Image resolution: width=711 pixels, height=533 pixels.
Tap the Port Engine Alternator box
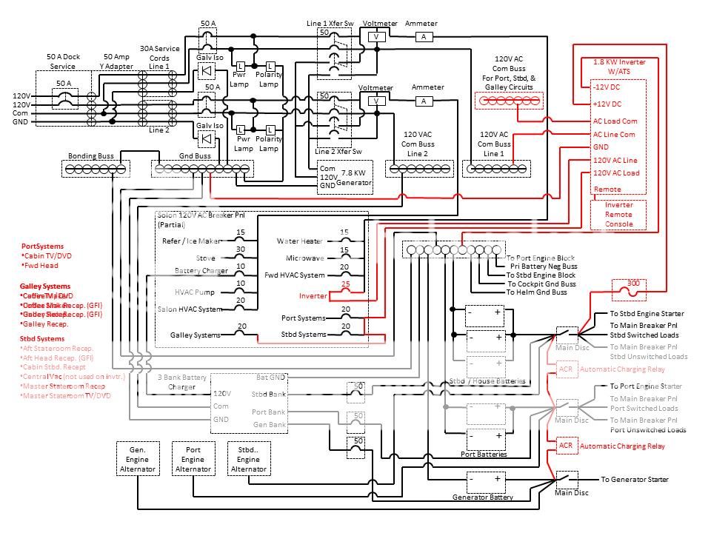click(193, 459)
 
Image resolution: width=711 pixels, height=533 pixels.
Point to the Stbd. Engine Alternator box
click(249, 459)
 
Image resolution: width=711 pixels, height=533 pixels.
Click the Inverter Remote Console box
click(618, 215)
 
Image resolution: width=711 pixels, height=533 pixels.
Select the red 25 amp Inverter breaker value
click(345, 284)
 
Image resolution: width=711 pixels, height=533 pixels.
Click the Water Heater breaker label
click(299, 241)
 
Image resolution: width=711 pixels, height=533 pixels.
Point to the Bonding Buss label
click(90, 156)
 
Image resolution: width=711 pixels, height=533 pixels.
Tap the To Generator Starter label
click(634, 480)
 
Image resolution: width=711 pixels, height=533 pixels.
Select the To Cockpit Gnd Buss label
click(541, 284)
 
